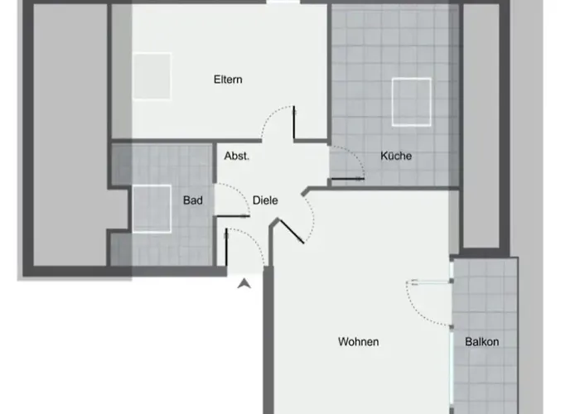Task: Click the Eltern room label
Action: pos(227,79)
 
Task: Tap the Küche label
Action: pos(396,156)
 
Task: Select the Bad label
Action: pos(193,200)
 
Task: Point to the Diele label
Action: pos(265,200)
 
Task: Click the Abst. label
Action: pos(237,156)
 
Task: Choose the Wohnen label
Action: pos(358,341)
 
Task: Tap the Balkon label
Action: pos(481,341)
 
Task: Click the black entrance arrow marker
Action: pos(244,285)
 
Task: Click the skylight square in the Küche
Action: pos(411,101)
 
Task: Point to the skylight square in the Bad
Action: pos(151,208)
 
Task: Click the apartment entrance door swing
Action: pos(244,248)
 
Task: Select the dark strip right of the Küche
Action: pos(481,124)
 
